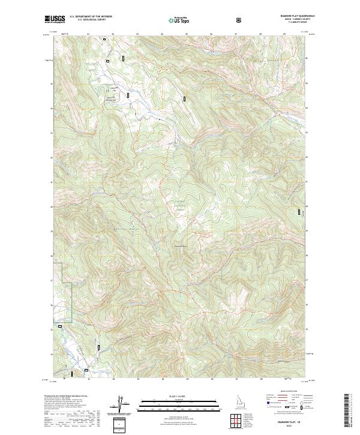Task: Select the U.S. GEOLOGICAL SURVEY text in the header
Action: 86,20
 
